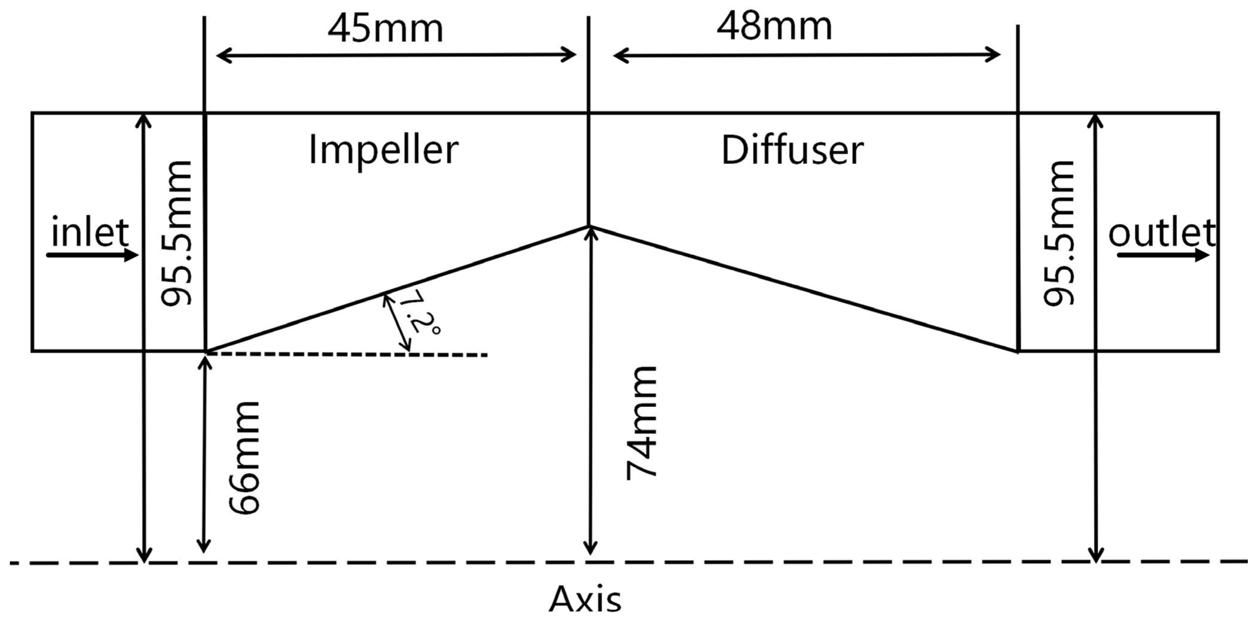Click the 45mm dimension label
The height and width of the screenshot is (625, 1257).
pyautogui.click(x=386, y=29)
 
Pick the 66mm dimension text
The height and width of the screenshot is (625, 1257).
pyautogui.click(x=245, y=458)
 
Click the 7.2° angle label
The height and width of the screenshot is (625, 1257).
pyautogui.click(x=419, y=312)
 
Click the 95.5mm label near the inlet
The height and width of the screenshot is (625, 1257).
pyautogui.click(x=177, y=233)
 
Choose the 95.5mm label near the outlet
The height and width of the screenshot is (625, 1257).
pyautogui.click(x=1059, y=233)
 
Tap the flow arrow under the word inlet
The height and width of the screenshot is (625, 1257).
pyautogui.click(x=93, y=255)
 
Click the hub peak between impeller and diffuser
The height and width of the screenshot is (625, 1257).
pyautogui.click(x=589, y=226)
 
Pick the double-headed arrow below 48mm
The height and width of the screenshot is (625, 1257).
pyautogui.click(x=806, y=55)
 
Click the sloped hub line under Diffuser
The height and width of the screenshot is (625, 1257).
pyautogui.click(x=805, y=289)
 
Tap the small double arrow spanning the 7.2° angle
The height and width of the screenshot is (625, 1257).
pyautogui.click(x=396, y=322)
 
